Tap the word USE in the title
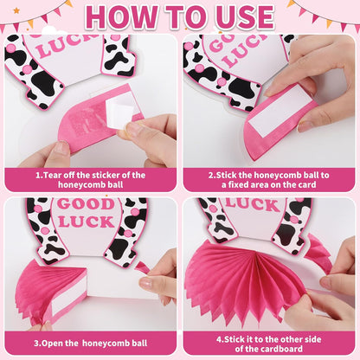[245, 17]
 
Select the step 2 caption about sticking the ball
[269, 180]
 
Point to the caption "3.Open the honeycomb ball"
[90, 344]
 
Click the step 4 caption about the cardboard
[269, 344]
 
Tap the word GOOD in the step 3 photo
[86, 204]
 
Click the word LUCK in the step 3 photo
[87, 222]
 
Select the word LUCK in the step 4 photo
[253, 204]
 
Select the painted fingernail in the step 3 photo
[146, 283]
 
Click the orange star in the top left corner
[17, 11]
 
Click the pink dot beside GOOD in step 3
[135, 212]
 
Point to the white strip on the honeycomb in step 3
[69, 300]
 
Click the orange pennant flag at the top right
[329, 23]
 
